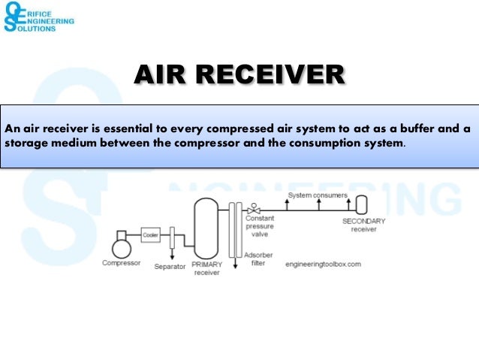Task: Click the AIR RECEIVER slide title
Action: pos(239,76)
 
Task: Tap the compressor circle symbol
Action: pos(120,247)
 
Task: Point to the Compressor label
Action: pos(120,263)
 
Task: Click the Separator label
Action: pos(170,267)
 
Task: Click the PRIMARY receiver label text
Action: pos(206,269)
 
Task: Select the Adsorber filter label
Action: pos(258,259)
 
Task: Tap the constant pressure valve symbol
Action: pos(256,205)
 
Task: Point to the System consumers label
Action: pos(318,195)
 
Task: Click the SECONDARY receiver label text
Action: pos(363,225)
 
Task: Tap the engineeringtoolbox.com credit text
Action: pos(324,265)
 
